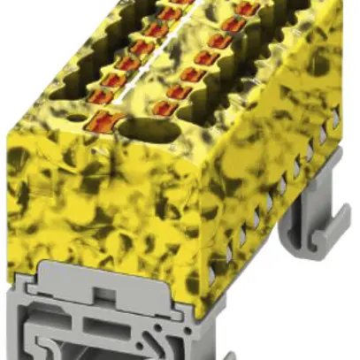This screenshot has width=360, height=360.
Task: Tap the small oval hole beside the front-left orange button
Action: click(x=78, y=116)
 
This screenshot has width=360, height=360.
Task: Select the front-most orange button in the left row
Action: click(x=106, y=120)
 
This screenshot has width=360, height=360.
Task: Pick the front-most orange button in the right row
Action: click(x=165, y=107)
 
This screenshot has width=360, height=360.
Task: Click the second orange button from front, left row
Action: click(x=113, y=96)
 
